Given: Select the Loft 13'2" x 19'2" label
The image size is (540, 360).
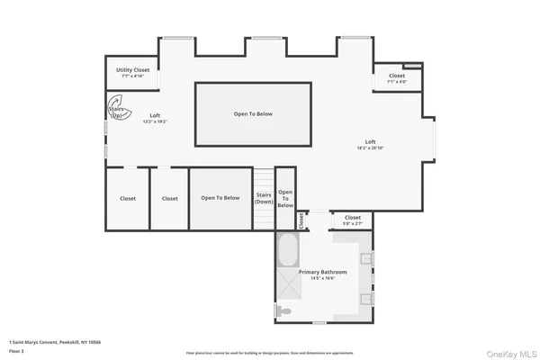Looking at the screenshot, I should (155, 118).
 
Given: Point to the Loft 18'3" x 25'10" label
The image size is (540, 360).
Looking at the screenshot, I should (370, 144).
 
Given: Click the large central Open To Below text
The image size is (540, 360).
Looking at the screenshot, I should (253, 114).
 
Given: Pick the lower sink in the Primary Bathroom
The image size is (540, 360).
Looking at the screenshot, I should (367, 298).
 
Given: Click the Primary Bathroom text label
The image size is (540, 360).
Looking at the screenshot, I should (322, 274).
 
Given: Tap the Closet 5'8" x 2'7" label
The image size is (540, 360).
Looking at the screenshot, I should (352, 219).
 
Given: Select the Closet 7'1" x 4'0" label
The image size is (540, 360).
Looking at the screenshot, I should (397, 78).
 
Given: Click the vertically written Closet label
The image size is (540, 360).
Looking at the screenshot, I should (301, 220).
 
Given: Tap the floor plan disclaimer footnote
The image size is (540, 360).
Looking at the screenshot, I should (269, 353).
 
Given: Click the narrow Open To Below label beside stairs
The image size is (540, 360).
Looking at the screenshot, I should (285, 198).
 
